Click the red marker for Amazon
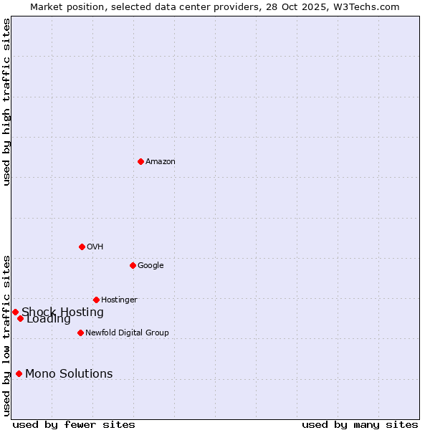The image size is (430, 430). (x=140, y=161)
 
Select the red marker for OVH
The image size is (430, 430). (x=82, y=247)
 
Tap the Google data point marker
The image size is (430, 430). (x=133, y=265)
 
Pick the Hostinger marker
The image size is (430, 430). (x=96, y=300)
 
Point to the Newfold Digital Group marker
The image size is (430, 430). (x=80, y=333)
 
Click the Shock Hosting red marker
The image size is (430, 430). (x=15, y=312)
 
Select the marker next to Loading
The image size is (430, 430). (x=20, y=318)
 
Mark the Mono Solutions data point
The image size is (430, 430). (x=19, y=373)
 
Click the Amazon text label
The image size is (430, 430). (x=161, y=162)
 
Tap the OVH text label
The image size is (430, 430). (x=95, y=247)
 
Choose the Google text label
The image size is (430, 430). (x=150, y=266)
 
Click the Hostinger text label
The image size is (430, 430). (x=119, y=300)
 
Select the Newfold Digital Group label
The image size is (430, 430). (x=127, y=333)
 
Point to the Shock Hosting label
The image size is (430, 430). (x=62, y=312)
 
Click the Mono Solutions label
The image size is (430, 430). (x=69, y=374)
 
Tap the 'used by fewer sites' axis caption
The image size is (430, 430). (x=74, y=424)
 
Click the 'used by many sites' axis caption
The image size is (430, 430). (x=360, y=424)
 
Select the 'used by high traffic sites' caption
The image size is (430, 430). (x=7, y=102)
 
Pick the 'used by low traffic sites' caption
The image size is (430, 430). (x=7, y=335)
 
